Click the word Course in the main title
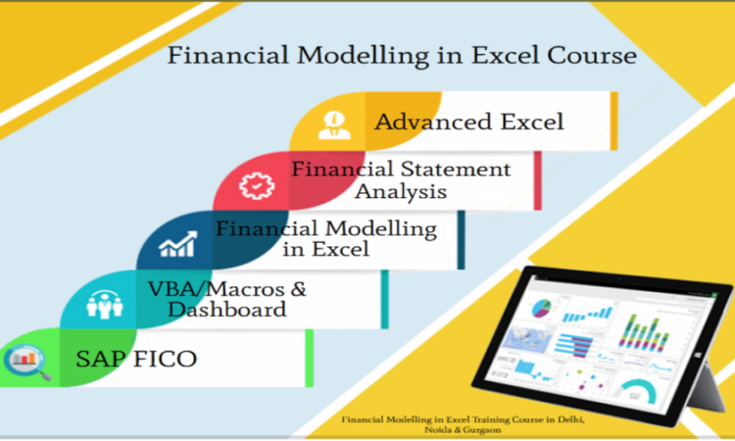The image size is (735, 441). point(592,55)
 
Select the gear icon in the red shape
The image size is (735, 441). point(257,186)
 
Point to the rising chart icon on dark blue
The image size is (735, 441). point(177,244)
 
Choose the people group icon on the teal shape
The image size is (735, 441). point(105,305)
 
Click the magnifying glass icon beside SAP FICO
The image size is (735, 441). point(27,363)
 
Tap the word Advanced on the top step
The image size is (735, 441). point(433,122)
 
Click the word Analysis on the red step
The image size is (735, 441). point(400,192)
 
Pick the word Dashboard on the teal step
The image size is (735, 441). point(227,310)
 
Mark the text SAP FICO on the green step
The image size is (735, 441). point(136,359)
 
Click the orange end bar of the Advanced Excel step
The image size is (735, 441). point(614,121)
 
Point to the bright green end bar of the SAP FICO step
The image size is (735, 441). point(310,358)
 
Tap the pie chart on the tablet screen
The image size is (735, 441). point(541,309)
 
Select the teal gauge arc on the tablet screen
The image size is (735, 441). point(638,388)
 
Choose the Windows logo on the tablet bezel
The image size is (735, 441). point(698,355)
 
